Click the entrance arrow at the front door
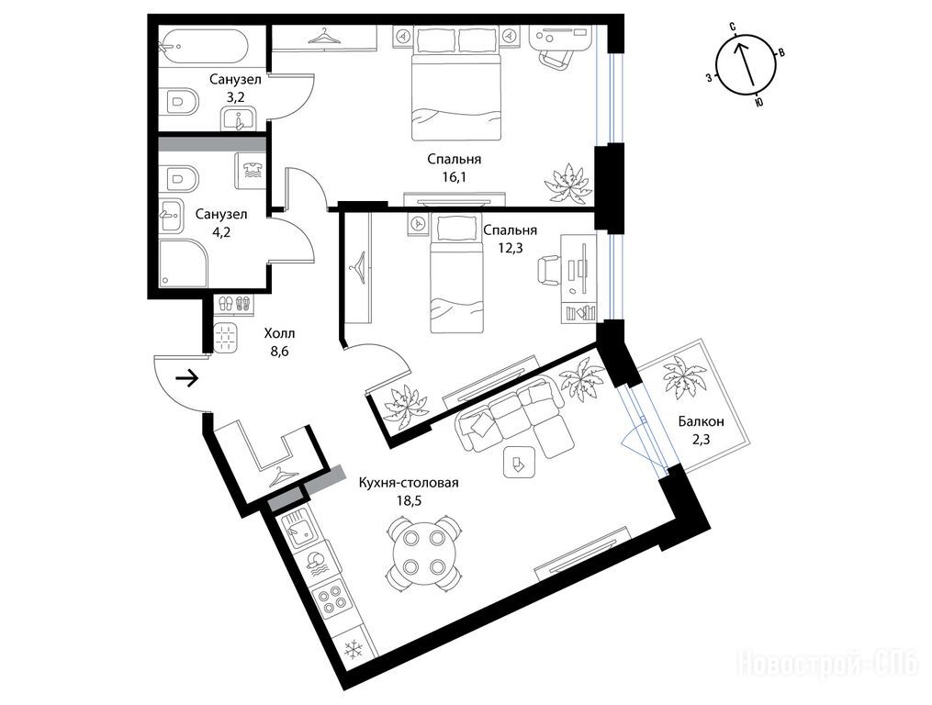[187, 378]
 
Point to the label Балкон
[702, 421]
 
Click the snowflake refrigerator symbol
[354, 647]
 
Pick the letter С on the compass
[733, 27]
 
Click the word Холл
[279, 333]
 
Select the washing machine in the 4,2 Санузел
[251, 171]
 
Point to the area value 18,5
[409, 500]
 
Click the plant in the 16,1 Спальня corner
[568, 183]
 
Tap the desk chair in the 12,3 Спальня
[549, 270]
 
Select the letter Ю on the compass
[758, 103]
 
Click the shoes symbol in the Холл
[232, 303]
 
